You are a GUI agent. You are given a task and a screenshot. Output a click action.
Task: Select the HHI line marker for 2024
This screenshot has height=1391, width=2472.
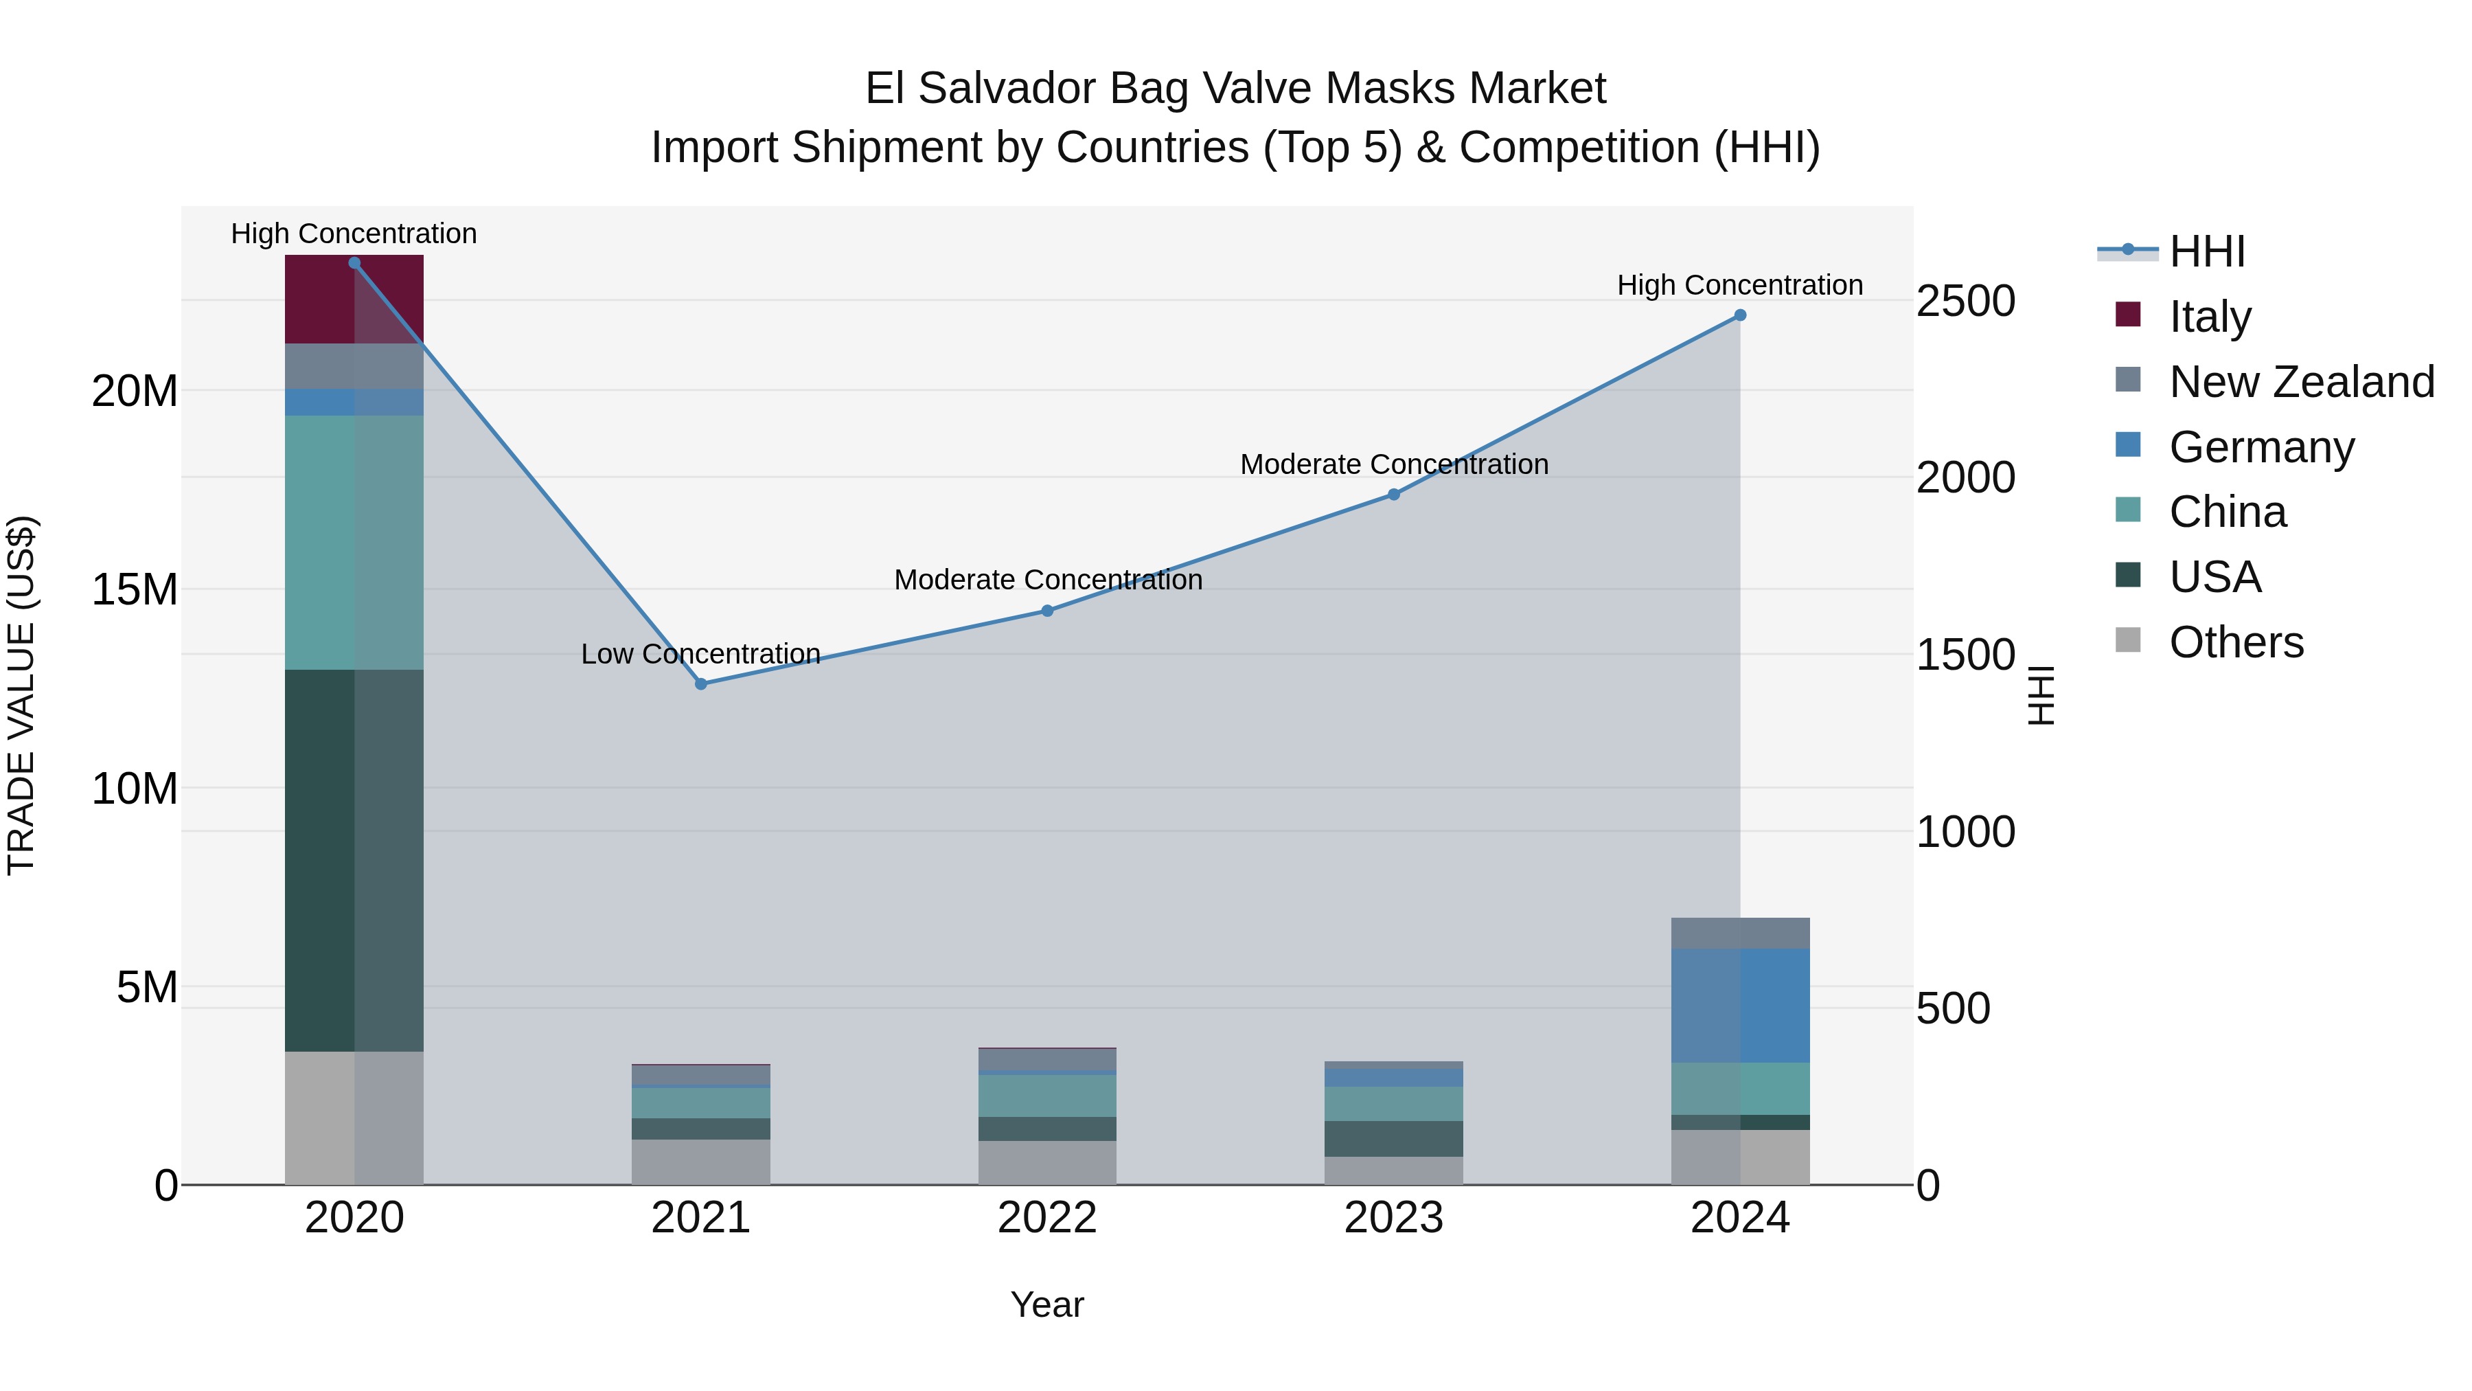pyautogui.click(x=1740, y=315)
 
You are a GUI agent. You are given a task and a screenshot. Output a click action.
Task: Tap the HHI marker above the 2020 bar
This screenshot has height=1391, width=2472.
pyautogui.click(x=354, y=262)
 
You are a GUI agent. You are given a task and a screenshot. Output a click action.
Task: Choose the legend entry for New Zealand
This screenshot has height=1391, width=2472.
pyautogui.click(x=2301, y=382)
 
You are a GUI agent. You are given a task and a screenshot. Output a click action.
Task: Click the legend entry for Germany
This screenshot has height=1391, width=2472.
pyautogui.click(x=2261, y=447)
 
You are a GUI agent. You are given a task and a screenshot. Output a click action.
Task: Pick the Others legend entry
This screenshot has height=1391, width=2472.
pyautogui.click(x=2236, y=642)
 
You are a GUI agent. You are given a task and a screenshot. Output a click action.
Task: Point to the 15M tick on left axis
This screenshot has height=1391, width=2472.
pyautogui.click(x=135, y=589)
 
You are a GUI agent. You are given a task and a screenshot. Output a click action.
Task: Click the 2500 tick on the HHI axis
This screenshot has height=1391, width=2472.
pyautogui.click(x=1965, y=302)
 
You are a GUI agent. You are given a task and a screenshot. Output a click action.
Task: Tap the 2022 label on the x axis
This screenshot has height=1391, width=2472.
pyautogui.click(x=1047, y=1218)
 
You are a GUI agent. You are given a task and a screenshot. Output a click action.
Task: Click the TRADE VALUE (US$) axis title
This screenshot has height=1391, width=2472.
pyautogui.click(x=21, y=695)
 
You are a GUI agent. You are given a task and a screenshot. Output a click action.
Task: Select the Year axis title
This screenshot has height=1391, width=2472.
pyautogui.click(x=1047, y=1304)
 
